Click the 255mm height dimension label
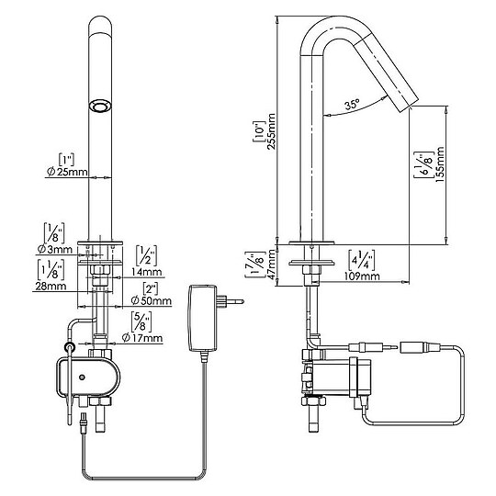coord(272,131)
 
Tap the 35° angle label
coord(352,104)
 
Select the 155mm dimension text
coord(440,164)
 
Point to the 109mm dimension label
coord(362,276)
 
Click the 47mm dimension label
coord(271,265)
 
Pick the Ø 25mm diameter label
coord(67,172)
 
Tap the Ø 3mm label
coord(55,250)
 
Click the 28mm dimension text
coord(51,286)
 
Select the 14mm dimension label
coord(146,271)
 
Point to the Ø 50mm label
coord(152,300)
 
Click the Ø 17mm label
coord(142,338)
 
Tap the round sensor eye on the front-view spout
coord(100,106)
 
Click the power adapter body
coord(203,318)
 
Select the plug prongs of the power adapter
coord(231,301)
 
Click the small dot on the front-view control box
coord(83,378)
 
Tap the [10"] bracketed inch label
coord(258,131)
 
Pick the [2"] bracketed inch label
coord(151,288)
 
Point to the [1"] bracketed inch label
coord(67,159)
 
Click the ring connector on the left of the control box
coord(70,347)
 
